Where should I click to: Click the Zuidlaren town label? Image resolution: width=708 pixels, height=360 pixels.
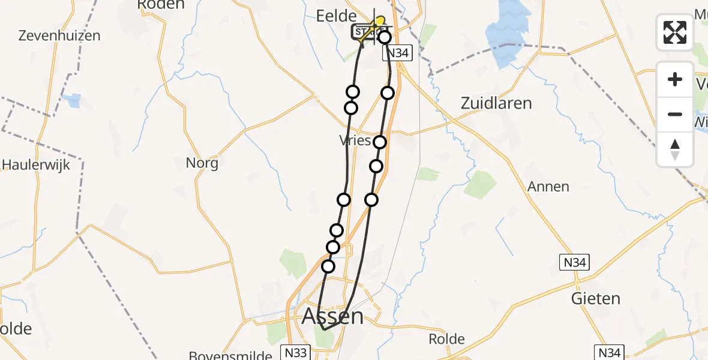[496, 103]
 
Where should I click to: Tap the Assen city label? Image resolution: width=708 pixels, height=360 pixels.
[332, 316]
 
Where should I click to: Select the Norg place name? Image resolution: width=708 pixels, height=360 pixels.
[202, 163]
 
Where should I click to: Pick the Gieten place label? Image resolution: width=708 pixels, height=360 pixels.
[596, 298]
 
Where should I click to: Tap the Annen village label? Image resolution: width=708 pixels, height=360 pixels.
[548, 187]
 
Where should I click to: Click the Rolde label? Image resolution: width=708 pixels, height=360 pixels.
[446, 339]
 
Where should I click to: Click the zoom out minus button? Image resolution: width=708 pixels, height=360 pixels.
[675, 114]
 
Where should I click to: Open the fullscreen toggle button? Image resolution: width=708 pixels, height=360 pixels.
[675, 32]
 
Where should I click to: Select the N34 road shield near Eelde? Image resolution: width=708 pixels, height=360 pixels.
[397, 53]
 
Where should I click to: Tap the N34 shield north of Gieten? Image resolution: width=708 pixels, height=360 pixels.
[575, 262]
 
